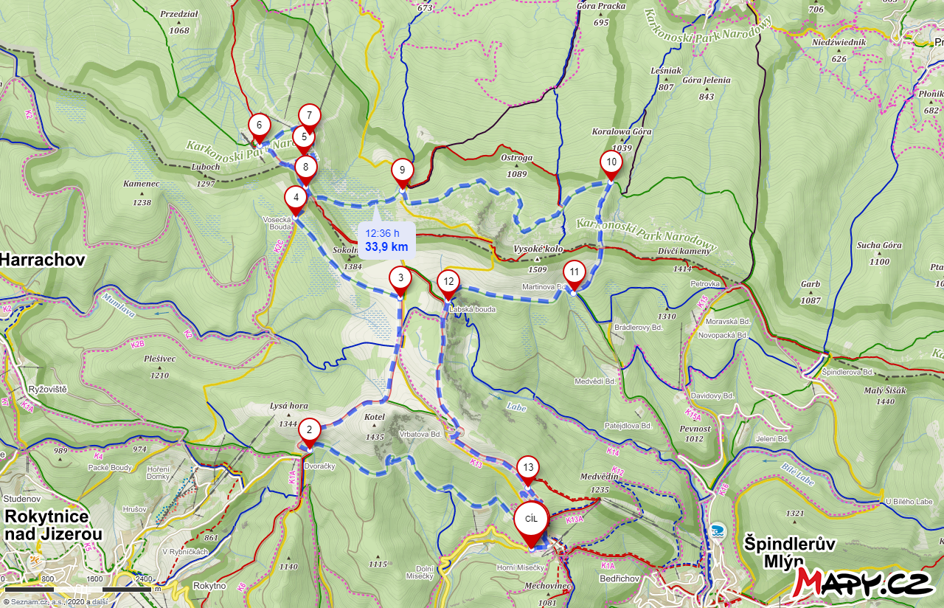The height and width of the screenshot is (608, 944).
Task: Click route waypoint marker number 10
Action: coord(611,162)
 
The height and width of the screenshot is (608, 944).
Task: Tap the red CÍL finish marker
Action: coord(531,519)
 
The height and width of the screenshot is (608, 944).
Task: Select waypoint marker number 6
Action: coord(259,125)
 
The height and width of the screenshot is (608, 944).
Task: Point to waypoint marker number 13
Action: coord(527,467)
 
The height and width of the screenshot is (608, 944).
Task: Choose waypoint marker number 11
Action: coord(574,272)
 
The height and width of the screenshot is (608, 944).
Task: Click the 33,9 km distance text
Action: coord(386,246)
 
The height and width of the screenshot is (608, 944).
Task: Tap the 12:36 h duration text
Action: coord(382,233)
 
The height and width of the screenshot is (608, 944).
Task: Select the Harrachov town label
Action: coord(43,260)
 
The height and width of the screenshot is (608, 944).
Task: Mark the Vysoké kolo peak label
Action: coord(538,249)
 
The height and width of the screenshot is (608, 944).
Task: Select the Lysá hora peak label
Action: coord(288,407)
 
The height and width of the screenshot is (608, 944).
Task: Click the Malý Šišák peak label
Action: coord(885,392)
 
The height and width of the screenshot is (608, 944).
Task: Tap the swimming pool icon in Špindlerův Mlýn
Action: coord(717,531)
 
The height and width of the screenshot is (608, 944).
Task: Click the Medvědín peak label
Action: coord(599,477)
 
